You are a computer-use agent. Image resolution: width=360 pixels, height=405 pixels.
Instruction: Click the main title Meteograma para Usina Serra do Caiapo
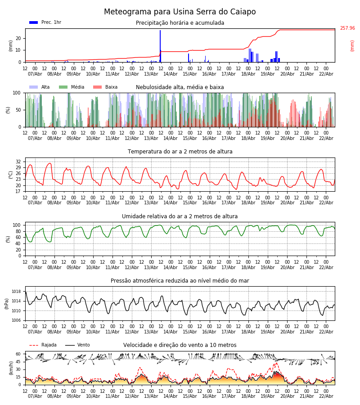180,12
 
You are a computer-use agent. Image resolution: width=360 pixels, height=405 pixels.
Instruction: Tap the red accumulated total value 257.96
347,28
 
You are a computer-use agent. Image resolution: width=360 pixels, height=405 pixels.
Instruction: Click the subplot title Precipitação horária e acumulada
180,23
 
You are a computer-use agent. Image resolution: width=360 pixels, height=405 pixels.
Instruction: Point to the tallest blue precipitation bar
160,45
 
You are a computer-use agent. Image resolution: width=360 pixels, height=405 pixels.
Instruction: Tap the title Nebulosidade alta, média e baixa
180,87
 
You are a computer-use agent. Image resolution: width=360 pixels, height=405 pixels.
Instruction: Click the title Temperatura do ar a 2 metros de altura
180,152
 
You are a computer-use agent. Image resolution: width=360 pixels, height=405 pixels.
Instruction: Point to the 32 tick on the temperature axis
18,162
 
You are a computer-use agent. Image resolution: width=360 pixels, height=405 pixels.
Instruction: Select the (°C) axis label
11,175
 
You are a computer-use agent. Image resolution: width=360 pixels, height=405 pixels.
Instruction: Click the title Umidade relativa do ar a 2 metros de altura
180,216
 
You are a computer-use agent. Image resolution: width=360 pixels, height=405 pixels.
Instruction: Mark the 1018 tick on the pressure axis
16,292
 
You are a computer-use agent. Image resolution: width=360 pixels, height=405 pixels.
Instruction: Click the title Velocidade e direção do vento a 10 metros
180,345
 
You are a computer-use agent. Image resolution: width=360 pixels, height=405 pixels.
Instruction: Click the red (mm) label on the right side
352,45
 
